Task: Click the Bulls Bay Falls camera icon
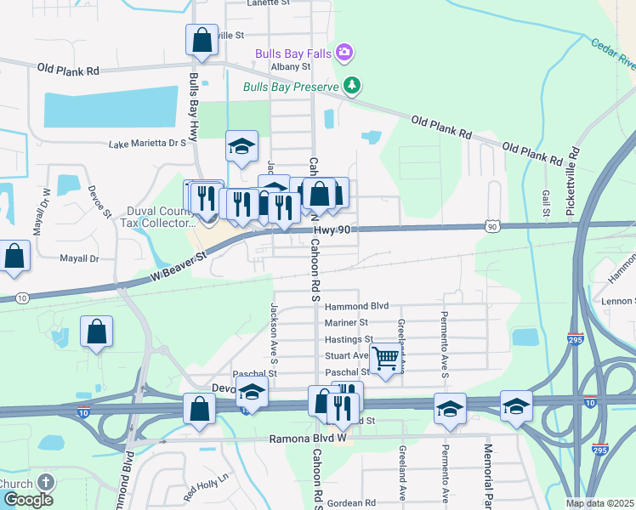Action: click(x=344, y=54)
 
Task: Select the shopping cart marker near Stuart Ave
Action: click(x=386, y=360)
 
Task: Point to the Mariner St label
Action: click(x=346, y=323)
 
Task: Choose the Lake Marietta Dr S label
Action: click(x=147, y=144)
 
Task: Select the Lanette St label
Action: click(x=269, y=3)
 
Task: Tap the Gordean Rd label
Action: click(x=351, y=503)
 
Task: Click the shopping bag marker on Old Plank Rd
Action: click(x=202, y=41)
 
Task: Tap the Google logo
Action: click(x=28, y=500)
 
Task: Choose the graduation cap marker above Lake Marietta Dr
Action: click(x=241, y=146)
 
